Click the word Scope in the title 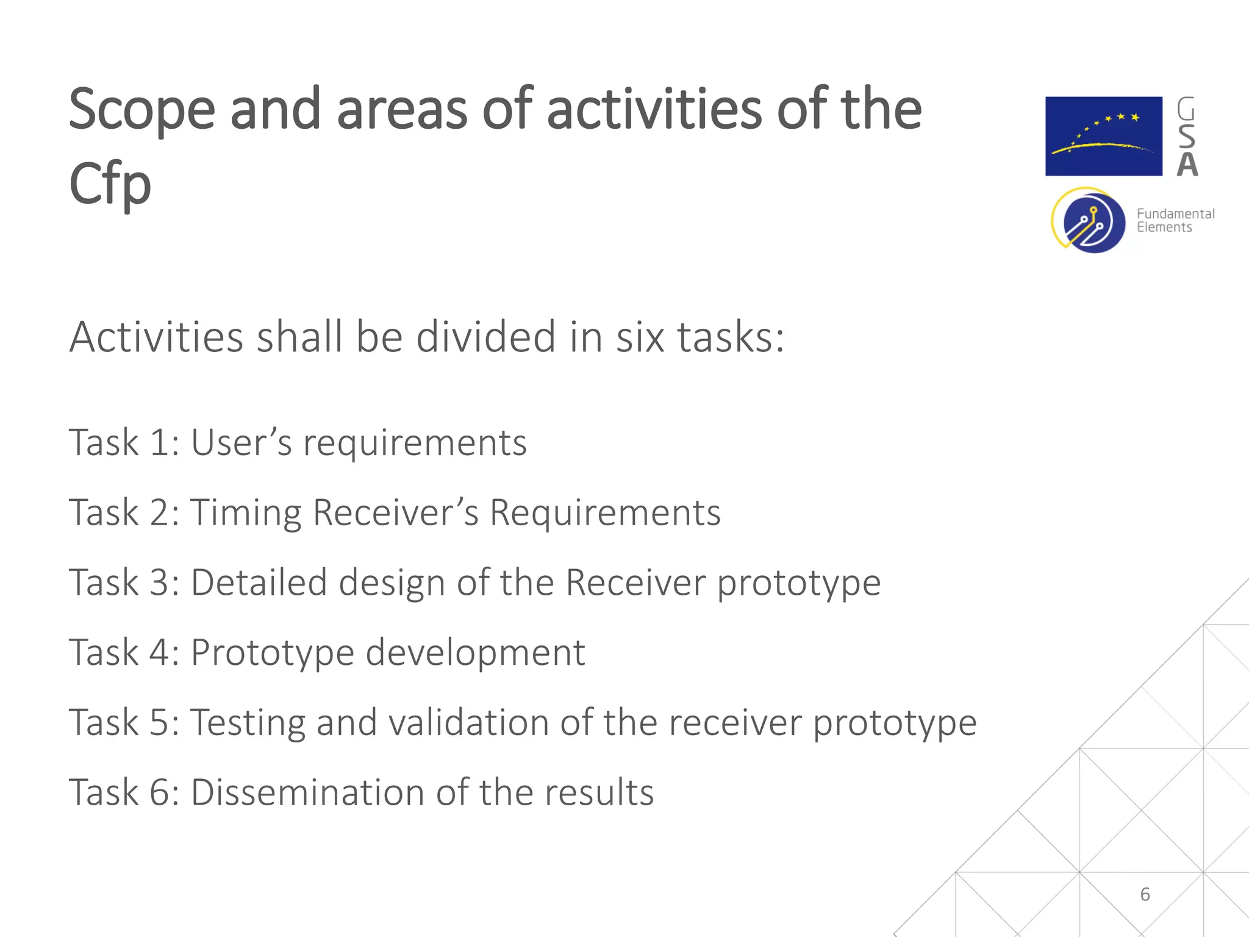click(141, 110)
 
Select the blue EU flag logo click(1103, 136)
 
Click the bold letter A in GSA click(1187, 165)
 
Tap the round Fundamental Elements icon click(1089, 221)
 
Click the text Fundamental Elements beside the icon click(1175, 220)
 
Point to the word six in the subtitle click(639, 337)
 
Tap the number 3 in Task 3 click(160, 583)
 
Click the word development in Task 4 click(475, 653)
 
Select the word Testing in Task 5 click(247, 723)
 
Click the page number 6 click(1145, 894)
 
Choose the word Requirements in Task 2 click(605, 512)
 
